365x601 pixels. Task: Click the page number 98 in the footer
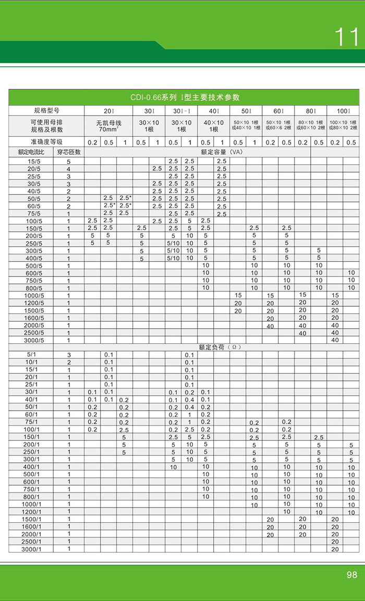[x=351, y=575]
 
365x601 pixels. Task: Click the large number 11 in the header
[x=347, y=38]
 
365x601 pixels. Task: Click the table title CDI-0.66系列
[x=185, y=98]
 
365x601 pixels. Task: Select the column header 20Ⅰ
[x=108, y=111]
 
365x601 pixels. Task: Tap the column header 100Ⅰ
[x=343, y=111]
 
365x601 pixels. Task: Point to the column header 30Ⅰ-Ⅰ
[x=181, y=111]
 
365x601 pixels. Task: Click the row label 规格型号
[x=46, y=111]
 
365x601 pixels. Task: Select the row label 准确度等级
[x=46, y=142]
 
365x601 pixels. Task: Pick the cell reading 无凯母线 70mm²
[x=108, y=126]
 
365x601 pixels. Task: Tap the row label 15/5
[x=33, y=161]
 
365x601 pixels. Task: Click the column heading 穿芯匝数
[x=68, y=152]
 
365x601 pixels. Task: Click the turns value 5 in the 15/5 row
[x=68, y=161]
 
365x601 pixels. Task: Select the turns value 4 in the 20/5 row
[x=68, y=169]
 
